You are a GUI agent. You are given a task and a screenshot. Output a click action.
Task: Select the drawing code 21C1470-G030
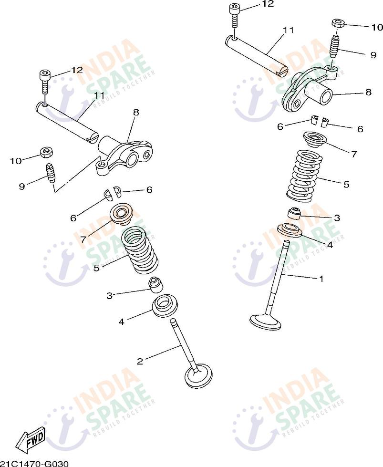[34, 464]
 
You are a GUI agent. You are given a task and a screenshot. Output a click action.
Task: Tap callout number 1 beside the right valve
[321, 279]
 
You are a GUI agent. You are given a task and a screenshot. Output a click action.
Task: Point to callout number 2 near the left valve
[140, 361]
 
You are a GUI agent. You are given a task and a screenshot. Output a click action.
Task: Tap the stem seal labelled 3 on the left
[156, 285]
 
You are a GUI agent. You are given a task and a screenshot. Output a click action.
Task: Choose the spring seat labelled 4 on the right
[289, 229]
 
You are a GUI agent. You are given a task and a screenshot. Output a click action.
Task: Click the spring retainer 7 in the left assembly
[122, 214]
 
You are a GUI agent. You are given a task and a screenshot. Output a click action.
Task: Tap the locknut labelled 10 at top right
[338, 23]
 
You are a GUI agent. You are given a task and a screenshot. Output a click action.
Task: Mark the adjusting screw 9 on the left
[50, 173]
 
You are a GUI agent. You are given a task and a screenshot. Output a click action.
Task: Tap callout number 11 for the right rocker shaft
[288, 30]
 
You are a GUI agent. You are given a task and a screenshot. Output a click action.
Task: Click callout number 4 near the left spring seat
[121, 322]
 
